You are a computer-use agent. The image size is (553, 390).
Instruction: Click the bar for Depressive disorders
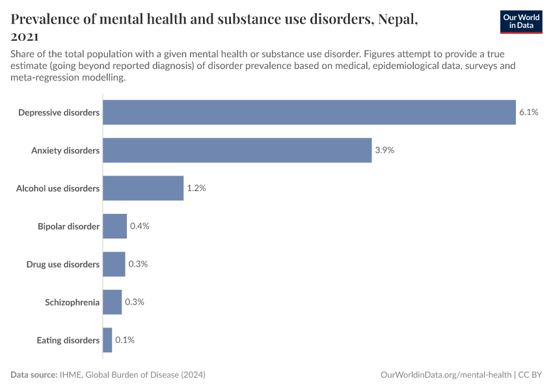[309, 112]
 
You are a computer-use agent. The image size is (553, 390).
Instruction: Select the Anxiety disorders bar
[237, 150]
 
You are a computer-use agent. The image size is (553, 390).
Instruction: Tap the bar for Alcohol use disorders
[143, 188]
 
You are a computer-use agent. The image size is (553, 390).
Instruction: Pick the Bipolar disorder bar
[115, 226]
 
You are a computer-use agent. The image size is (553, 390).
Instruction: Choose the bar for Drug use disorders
[114, 264]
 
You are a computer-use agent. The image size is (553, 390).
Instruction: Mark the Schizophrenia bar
[112, 302]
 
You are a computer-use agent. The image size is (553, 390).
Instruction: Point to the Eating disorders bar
[107, 340]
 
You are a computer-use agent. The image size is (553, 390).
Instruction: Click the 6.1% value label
[528, 112]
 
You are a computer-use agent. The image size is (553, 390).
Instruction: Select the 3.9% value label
[384, 150]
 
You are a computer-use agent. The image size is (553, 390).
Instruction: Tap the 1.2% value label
[196, 188]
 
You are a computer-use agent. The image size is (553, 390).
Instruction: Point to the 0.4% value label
[139, 226]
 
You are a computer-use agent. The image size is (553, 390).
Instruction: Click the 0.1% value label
[124, 340]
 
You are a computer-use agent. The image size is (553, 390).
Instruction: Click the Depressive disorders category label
[59, 113]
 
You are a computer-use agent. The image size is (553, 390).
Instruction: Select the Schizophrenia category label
[72, 302]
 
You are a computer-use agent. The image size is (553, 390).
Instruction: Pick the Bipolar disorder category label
[68, 226]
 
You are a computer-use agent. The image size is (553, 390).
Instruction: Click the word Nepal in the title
[393, 19]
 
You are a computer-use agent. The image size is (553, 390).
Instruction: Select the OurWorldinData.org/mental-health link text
[446, 375]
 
